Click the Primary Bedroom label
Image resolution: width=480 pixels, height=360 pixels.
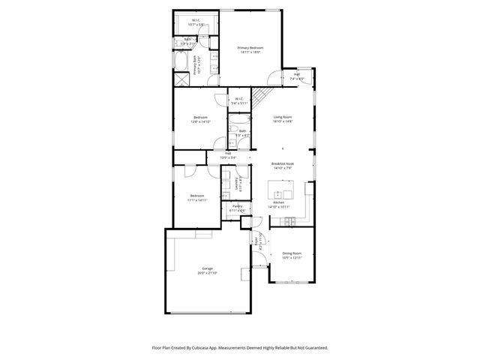click(254, 47)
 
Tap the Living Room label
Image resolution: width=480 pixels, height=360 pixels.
click(282, 117)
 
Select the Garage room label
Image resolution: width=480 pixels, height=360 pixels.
click(207, 268)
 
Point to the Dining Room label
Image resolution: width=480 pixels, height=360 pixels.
click(292, 253)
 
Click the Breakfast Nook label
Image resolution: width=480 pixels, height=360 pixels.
click(282, 163)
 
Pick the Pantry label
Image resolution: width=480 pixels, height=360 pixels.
click(236, 205)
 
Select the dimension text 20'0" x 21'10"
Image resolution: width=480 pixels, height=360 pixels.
click(207, 273)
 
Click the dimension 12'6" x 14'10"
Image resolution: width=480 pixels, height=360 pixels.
click(200, 121)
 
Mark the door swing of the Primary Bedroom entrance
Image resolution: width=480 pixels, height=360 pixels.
click(276, 78)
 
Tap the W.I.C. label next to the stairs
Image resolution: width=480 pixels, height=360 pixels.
click(238, 99)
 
